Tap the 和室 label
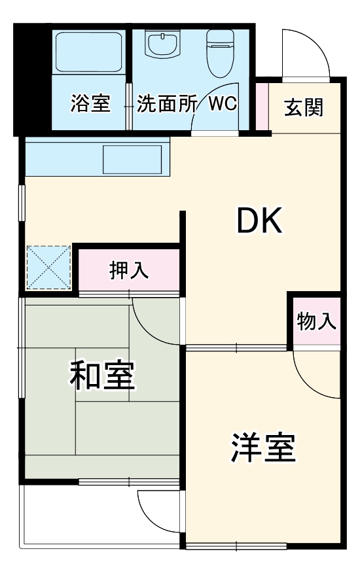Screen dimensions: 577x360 tap(103, 376)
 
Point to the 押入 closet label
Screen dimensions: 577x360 tap(129, 270)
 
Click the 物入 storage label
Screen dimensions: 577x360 tap(316, 321)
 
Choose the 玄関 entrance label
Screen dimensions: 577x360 tap(304, 107)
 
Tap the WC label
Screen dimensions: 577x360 tap(223, 103)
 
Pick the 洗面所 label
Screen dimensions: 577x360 tap(166, 103)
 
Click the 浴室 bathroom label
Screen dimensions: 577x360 tap(90, 103)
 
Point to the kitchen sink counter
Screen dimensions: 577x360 tap(132, 158)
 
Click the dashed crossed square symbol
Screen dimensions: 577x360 tap(48, 268)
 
